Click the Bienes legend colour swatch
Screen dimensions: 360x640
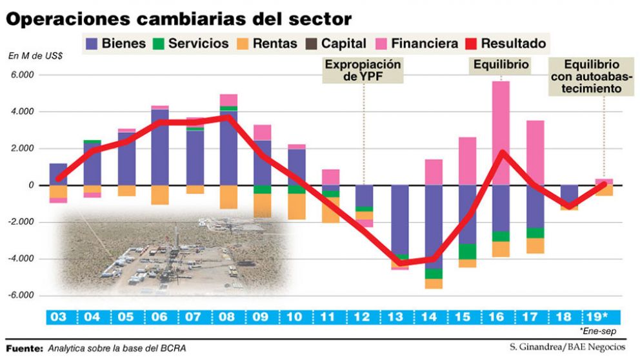point(92,44)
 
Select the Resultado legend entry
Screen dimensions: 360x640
point(514,44)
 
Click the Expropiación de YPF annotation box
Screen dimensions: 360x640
point(363,70)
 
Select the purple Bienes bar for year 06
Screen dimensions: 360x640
point(160,147)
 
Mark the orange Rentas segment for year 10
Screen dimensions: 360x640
point(297,206)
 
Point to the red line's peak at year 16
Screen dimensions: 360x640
point(502,152)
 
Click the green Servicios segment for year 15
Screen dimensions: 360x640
point(467,252)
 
